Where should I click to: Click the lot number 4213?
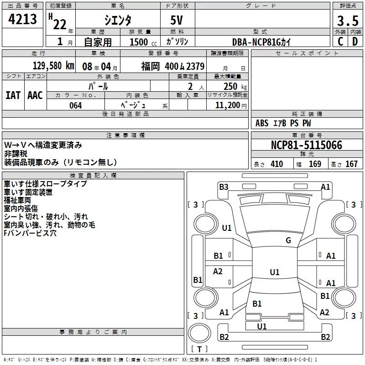(x=22, y=19)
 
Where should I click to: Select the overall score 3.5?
(x=348, y=21)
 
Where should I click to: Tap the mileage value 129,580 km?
(x=53, y=66)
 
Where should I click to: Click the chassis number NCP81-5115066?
(x=307, y=145)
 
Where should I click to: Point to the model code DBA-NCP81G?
(x=256, y=42)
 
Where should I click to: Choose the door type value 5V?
(x=177, y=20)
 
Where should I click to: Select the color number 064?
(x=76, y=105)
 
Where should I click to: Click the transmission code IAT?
(x=13, y=95)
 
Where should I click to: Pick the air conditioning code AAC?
(x=35, y=95)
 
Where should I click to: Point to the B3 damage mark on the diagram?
(x=224, y=187)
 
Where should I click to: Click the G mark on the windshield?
(x=288, y=240)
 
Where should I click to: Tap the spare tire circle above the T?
(x=199, y=333)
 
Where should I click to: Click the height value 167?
(x=351, y=164)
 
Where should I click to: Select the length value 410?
(x=277, y=164)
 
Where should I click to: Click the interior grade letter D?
(x=355, y=42)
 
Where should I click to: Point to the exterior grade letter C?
(x=340, y=42)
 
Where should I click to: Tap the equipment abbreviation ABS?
(x=262, y=123)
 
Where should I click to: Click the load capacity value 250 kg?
(x=235, y=87)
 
